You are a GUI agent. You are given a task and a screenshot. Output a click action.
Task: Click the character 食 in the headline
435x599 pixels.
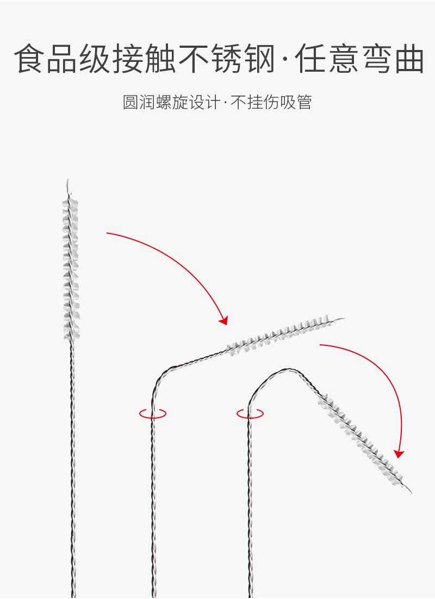pyautogui.click(x=29, y=59)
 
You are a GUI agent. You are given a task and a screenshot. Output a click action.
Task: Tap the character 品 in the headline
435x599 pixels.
pyautogui.click(x=62, y=59)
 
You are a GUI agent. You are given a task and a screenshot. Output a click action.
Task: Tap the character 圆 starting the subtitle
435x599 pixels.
pyautogui.click(x=130, y=102)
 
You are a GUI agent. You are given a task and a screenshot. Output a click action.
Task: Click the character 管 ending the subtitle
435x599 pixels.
pyautogui.click(x=304, y=102)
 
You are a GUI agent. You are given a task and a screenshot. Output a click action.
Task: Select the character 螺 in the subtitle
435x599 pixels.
pyautogui.click(x=163, y=102)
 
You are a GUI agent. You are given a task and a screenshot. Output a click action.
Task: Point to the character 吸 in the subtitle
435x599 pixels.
pyautogui.click(x=288, y=102)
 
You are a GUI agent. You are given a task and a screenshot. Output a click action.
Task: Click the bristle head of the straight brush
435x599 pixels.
pyautogui.click(x=70, y=269)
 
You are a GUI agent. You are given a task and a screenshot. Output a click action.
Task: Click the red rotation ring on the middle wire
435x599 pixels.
pyautogui.click(x=153, y=413)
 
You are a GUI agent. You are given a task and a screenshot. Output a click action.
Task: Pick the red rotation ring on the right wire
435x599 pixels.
pyautogui.click(x=250, y=413)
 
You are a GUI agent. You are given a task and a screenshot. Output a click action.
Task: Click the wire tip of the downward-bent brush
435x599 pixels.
pyautogui.click(x=408, y=490)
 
